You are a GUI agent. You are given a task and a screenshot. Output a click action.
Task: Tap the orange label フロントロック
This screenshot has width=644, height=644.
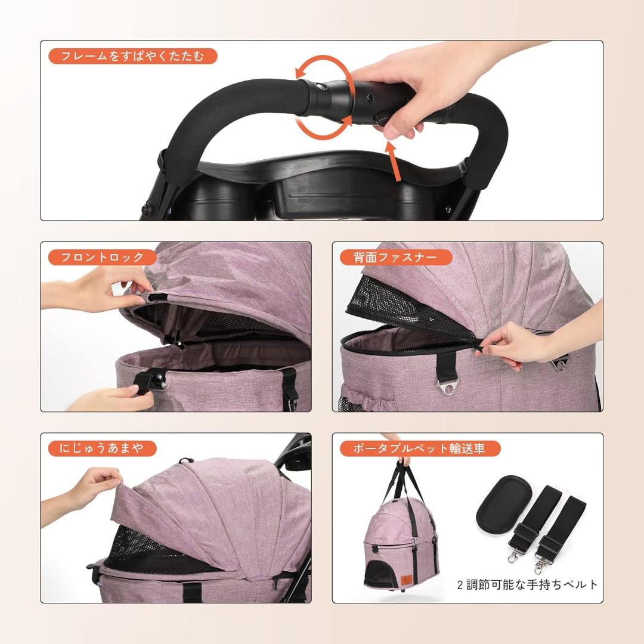[103, 258]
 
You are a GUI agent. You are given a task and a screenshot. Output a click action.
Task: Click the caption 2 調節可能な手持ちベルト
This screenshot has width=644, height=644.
[527, 584]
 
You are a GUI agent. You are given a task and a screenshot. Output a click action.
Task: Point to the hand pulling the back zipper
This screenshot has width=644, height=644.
[525, 346]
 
